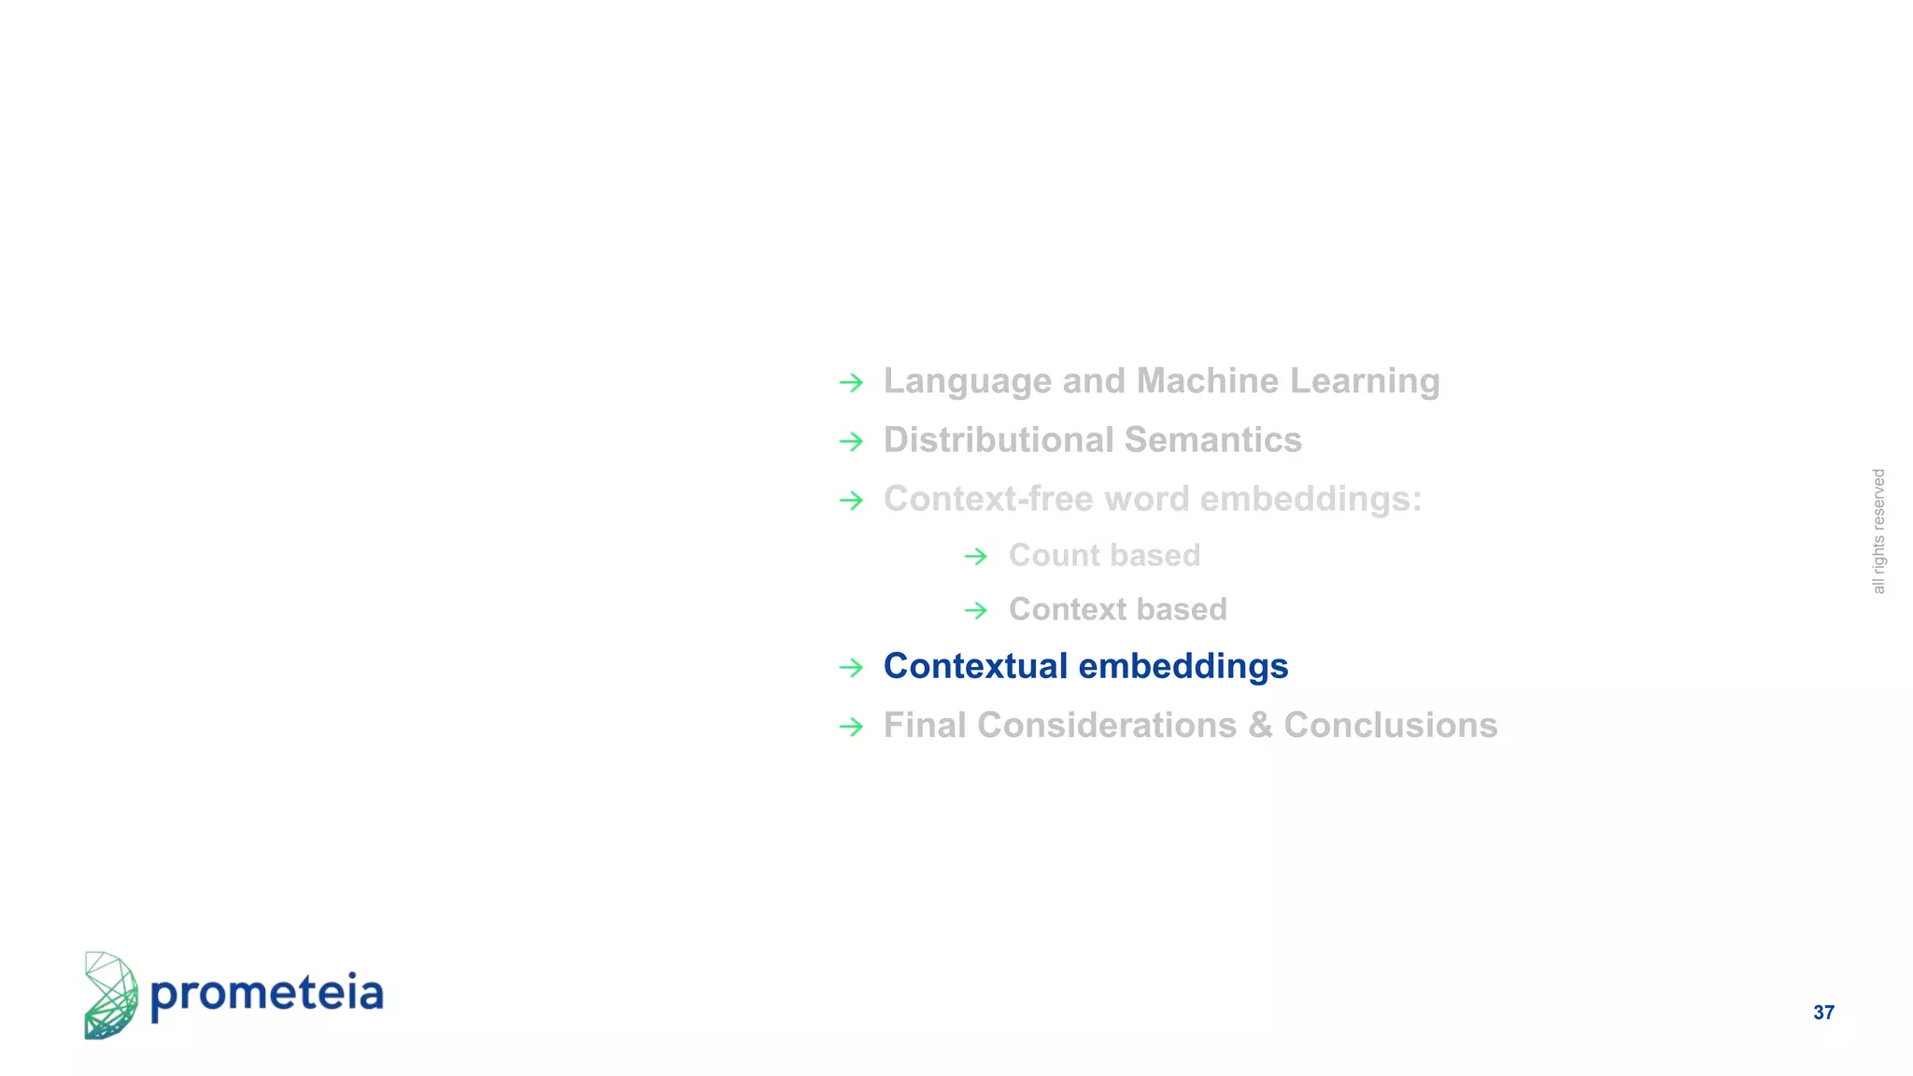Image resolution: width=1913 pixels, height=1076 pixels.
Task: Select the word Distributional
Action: (999, 440)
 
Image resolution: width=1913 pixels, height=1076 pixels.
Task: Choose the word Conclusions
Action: (1390, 725)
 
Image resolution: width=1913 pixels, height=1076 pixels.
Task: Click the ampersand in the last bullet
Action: (1260, 726)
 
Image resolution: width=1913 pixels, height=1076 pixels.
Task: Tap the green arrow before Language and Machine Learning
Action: (851, 382)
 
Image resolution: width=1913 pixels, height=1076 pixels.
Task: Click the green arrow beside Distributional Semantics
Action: (851, 441)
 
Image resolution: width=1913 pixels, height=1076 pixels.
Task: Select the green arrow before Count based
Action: (975, 557)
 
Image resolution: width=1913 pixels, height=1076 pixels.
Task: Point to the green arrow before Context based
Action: (975, 611)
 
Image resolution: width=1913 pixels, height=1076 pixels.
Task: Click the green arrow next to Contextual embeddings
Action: (851, 667)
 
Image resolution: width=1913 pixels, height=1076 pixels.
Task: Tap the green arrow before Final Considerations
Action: (851, 726)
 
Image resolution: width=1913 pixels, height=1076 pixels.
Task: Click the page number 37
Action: (1823, 1012)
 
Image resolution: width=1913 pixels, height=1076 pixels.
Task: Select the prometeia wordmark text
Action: (266, 994)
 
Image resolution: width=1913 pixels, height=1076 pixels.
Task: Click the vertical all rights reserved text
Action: (1878, 531)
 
